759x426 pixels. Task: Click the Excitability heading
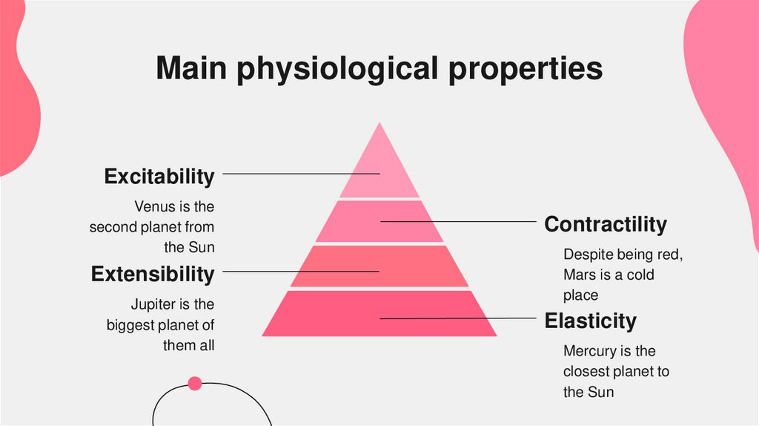159,177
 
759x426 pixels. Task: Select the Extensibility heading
153,274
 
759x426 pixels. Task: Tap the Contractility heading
606,224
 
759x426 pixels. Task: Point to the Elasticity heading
590,321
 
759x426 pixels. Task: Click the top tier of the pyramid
379,167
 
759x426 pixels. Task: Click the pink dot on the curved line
195,384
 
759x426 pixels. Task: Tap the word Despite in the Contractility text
586,255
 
